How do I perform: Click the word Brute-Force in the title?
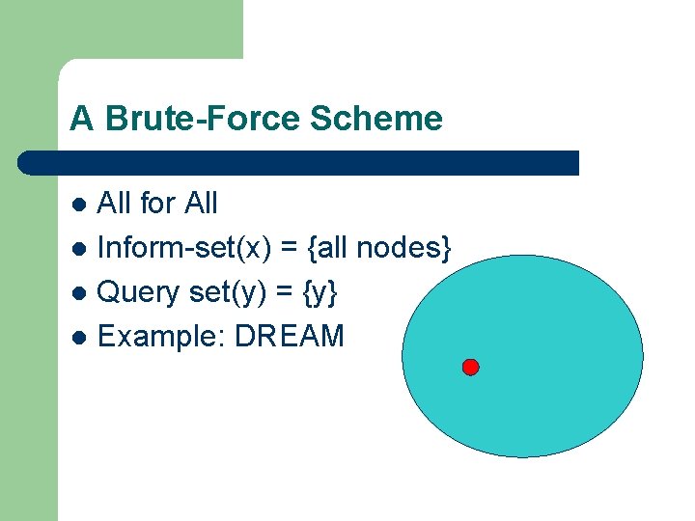click(x=204, y=119)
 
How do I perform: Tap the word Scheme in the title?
click(x=377, y=119)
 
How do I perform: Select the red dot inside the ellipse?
click(x=470, y=367)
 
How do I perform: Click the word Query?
click(x=135, y=292)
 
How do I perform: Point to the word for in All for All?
click(x=157, y=204)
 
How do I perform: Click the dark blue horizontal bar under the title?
click(x=299, y=162)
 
